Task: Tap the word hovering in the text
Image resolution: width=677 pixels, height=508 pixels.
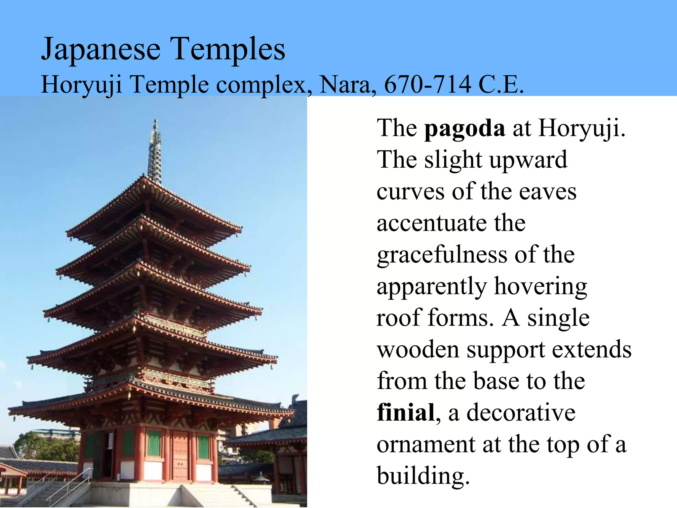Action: pos(540,287)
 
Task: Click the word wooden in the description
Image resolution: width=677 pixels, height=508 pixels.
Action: pos(418,350)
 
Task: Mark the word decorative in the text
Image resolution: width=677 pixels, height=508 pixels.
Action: pos(521,413)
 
